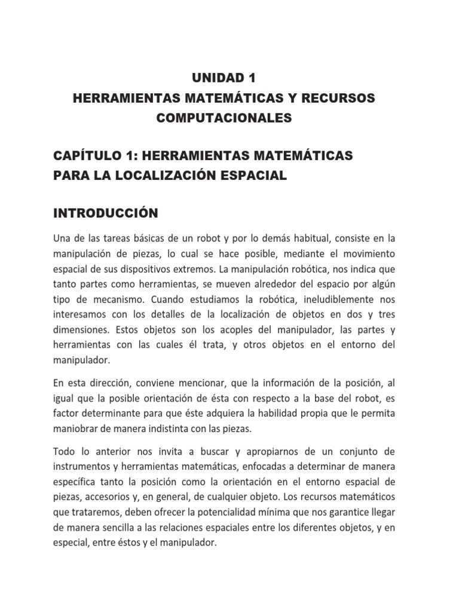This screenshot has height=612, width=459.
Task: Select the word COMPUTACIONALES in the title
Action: pyautogui.click(x=224, y=118)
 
